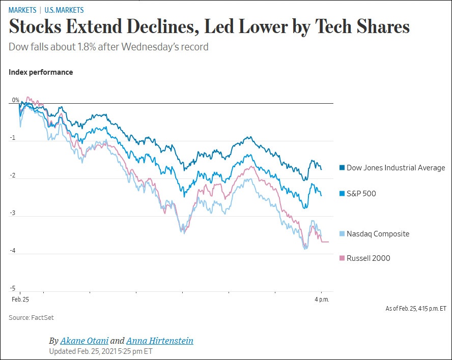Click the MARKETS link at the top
[x=22, y=10]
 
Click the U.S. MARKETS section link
[x=64, y=10]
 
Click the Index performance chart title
[x=41, y=72]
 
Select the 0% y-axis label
[x=15, y=100]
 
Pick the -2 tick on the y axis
[x=13, y=176]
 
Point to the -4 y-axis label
[x=13, y=251]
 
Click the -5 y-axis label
[x=13, y=288]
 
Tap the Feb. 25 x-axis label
[x=20, y=299]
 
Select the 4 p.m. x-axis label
[x=321, y=299]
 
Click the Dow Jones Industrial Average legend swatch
[x=342, y=168]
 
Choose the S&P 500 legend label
[x=361, y=193]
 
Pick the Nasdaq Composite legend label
[x=378, y=234]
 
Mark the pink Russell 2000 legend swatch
[x=342, y=258]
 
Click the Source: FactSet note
[x=31, y=318]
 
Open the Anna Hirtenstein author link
[x=159, y=341]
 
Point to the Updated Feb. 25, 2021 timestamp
[x=101, y=351]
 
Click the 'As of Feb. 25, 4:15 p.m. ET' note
[x=416, y=309]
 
